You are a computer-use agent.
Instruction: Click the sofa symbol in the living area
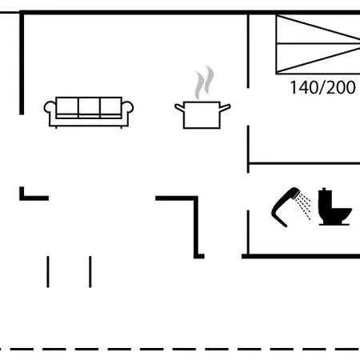coord(89,112)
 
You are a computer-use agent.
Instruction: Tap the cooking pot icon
coord(202,115)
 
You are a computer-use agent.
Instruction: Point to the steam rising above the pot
coord(204,82)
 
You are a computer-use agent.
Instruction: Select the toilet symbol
coord(335,206)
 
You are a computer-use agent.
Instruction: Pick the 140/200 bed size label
coord(322,87)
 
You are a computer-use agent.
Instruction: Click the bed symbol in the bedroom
coord(318,44)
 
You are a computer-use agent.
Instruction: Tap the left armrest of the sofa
coord(50,110)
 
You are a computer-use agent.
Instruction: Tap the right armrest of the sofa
coord(127,110)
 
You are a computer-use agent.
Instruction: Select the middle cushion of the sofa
coord(89,107)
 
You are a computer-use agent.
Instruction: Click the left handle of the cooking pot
coord(179,107)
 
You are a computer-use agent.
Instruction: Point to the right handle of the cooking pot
coord(225,107)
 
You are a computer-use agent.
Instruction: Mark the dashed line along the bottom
coord(180,349)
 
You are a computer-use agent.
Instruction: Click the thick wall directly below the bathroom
coord(301,256)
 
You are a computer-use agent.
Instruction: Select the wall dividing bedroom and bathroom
coord(304,163)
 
